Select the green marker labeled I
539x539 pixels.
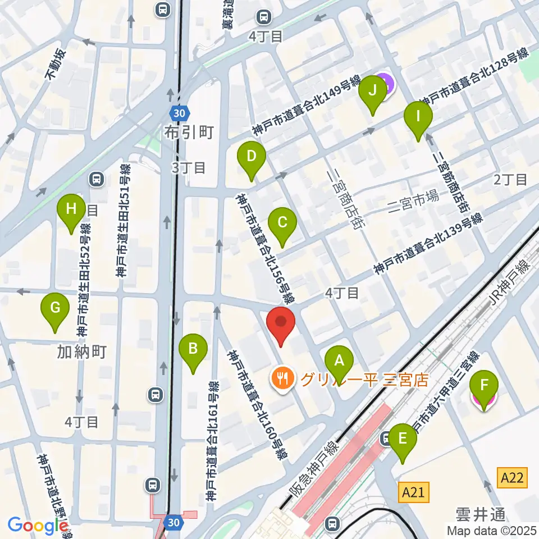(418, 118)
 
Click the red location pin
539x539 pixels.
(281, 324)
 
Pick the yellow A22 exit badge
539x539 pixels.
(513, 478)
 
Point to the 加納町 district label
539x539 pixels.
(81, 352)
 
